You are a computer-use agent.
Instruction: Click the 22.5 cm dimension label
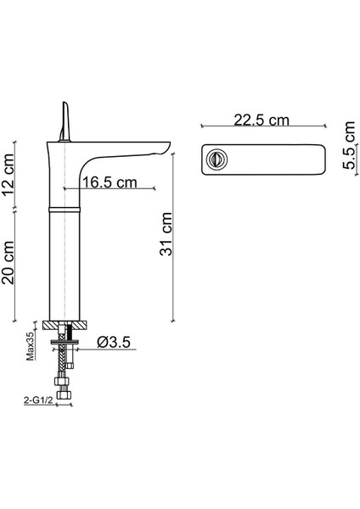261,121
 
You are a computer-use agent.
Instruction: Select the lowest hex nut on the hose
62,397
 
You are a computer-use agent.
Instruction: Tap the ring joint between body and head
65,206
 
